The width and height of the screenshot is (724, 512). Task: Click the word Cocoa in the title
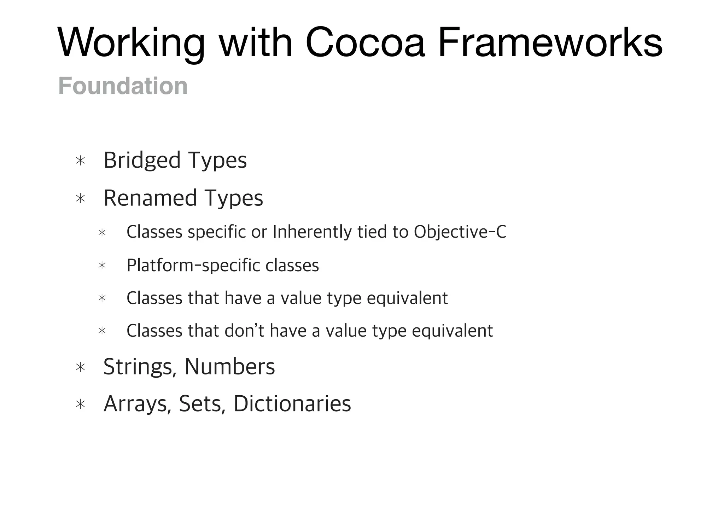point(365,43)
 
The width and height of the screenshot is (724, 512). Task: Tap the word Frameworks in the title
point(550,43)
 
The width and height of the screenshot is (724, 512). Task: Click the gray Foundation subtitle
point(123,86)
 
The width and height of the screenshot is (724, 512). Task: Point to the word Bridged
point(142,161)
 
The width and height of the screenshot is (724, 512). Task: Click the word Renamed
point(150,198)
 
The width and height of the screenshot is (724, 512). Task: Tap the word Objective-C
point(460,232)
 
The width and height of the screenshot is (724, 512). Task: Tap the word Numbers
point(230,367)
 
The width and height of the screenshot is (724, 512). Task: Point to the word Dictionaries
point(292,403)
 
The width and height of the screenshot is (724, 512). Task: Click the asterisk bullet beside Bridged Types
point(81,161)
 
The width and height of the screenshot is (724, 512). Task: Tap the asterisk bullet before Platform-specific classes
point(102,266)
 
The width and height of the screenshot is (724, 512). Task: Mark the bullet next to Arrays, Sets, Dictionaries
point(81,404)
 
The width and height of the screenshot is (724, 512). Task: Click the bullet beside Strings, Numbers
point(81,367)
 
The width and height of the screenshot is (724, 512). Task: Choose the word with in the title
point(256,43)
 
